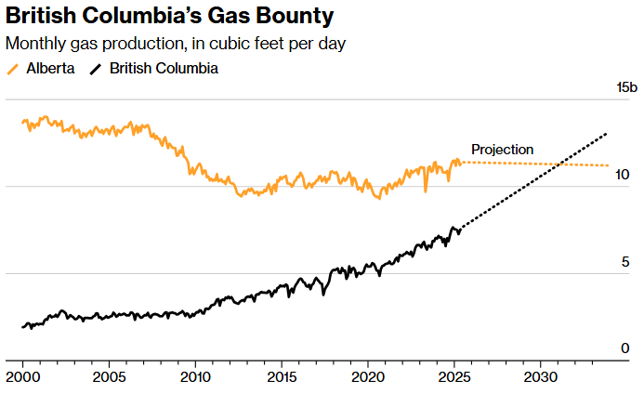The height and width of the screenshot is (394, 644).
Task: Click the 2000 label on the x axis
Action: point(22,377)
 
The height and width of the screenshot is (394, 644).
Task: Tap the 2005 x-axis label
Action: point(109,377)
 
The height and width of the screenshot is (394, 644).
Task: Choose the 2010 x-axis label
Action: point(195,377)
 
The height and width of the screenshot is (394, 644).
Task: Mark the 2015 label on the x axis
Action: point(282,377)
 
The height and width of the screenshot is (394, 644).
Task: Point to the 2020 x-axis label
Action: point(368,377)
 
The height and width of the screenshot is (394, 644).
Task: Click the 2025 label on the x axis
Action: point(455,377)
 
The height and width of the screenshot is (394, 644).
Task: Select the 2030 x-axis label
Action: point(542,377)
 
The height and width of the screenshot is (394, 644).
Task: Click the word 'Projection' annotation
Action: point(502,149)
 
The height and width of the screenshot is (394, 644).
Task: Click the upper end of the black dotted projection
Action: point(607,134)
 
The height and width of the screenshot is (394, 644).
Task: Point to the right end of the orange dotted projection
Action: point(609,165)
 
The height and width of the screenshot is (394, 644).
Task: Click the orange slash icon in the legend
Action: point(12,69)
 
